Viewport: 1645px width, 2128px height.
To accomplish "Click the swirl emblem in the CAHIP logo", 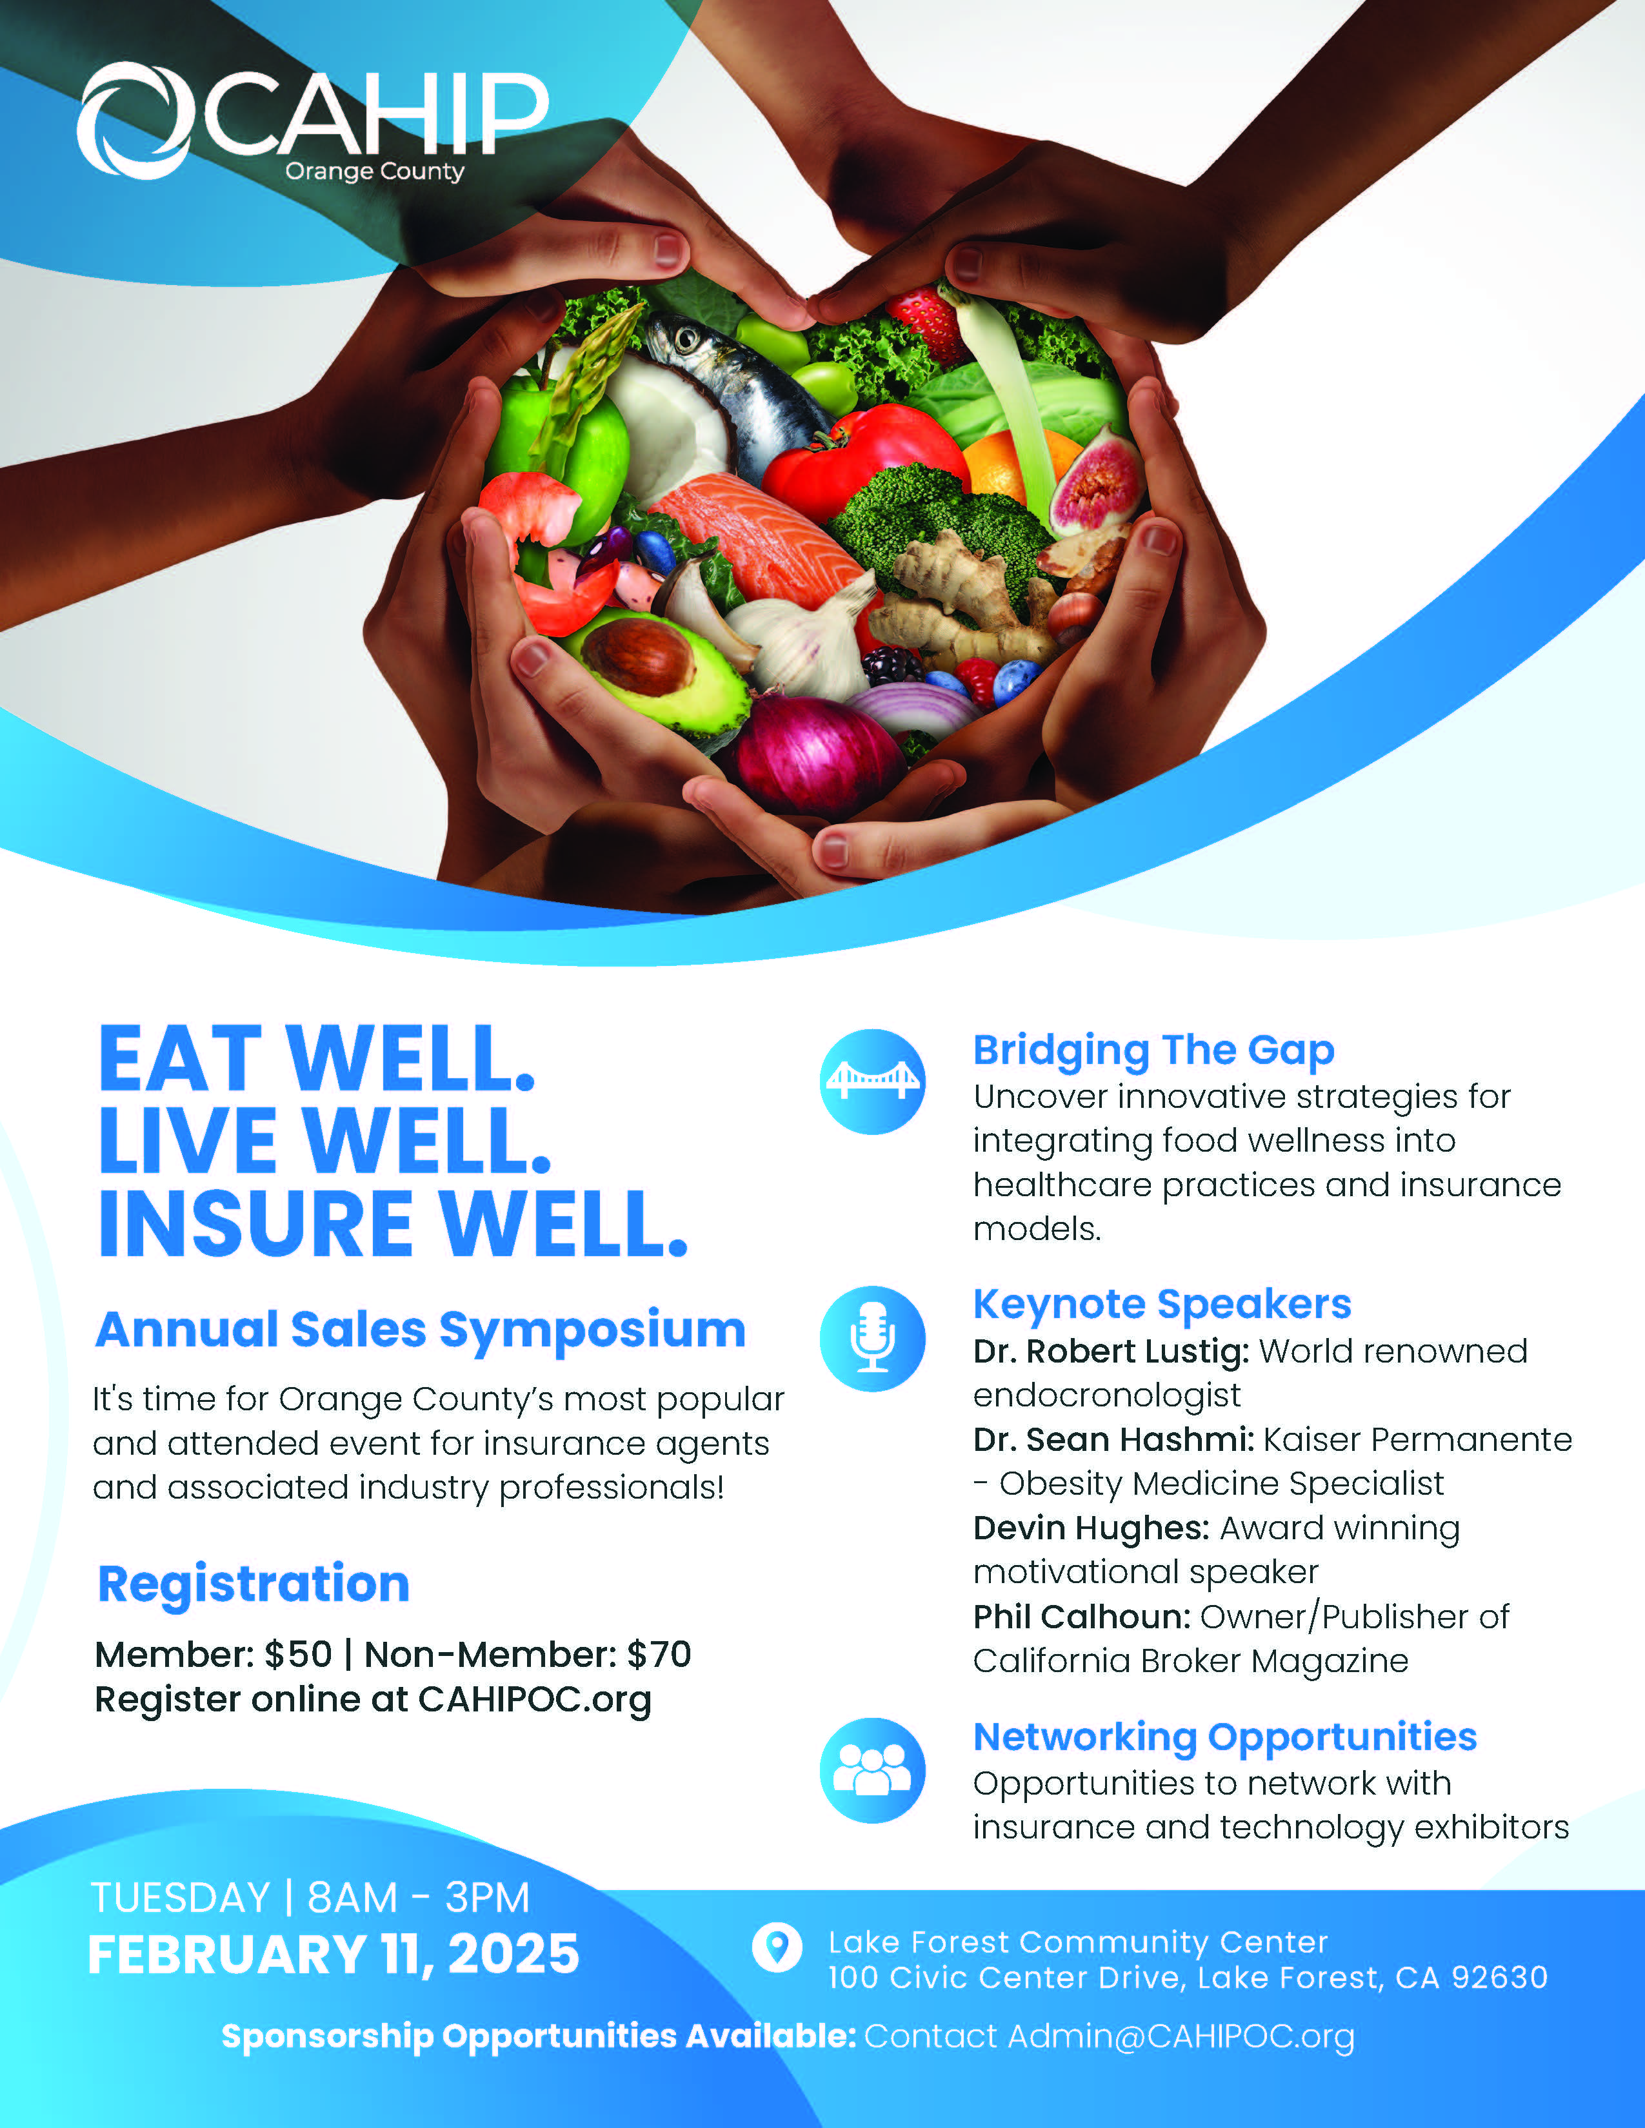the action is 134,120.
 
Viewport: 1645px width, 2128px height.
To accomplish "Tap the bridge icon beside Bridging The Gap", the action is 872,1081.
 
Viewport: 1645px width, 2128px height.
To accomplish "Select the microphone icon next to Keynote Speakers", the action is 872,1338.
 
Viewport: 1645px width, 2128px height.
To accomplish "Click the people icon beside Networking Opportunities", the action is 872,1770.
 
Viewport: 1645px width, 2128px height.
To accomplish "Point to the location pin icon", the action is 777,1947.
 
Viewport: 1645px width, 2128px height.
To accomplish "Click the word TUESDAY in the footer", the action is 180,1898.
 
